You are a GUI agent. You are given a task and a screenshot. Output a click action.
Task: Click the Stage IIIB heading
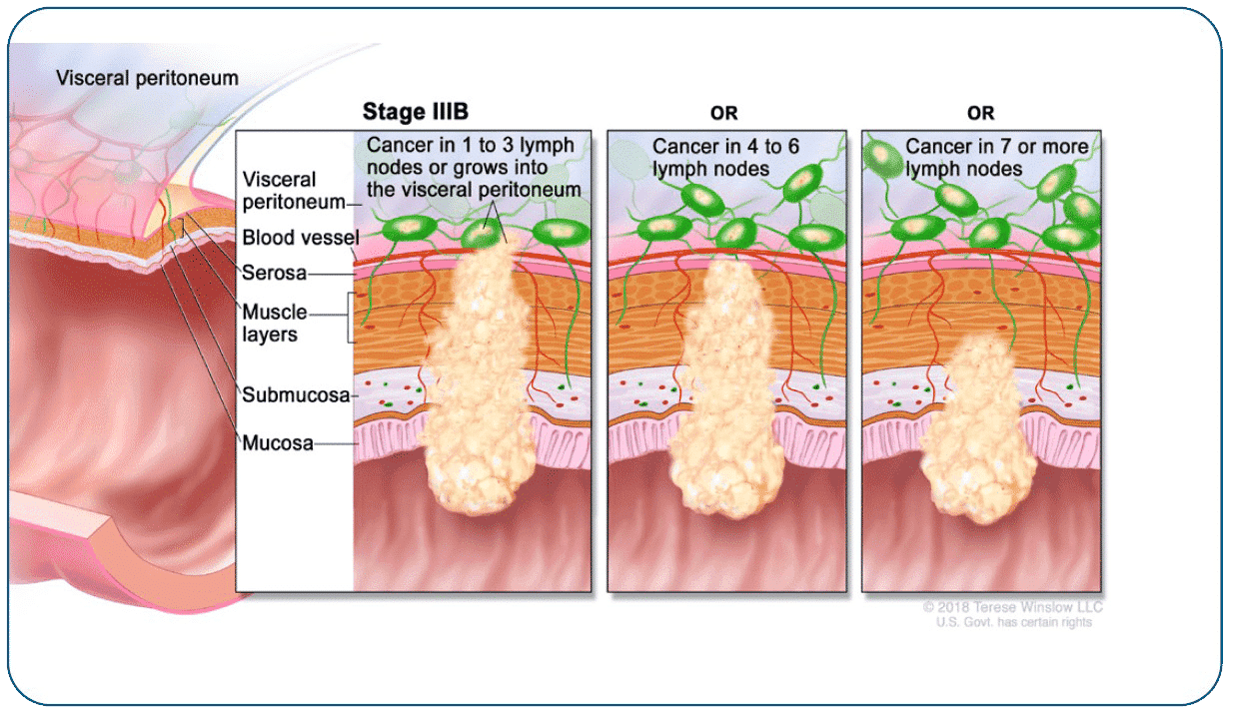click(415, 112)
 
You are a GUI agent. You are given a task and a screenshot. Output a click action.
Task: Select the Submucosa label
click(296, 394)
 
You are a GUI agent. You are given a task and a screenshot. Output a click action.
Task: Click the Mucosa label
click(278, 442)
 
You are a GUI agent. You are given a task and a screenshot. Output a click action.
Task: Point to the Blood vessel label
click(296, 238)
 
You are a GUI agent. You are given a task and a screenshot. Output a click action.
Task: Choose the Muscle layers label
click(274, 323)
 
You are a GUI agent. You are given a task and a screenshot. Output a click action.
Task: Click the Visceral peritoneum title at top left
click(147, 78)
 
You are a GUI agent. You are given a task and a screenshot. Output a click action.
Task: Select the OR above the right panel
click(980, 114)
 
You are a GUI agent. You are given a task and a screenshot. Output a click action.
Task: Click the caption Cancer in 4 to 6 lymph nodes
click(725, 157)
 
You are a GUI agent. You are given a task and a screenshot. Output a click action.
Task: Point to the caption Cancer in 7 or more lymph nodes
click(996, 157)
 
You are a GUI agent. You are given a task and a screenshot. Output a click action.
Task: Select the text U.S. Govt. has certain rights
click(1013, 622)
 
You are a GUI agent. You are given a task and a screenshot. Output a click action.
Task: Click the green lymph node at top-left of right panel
click(882, 159)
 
